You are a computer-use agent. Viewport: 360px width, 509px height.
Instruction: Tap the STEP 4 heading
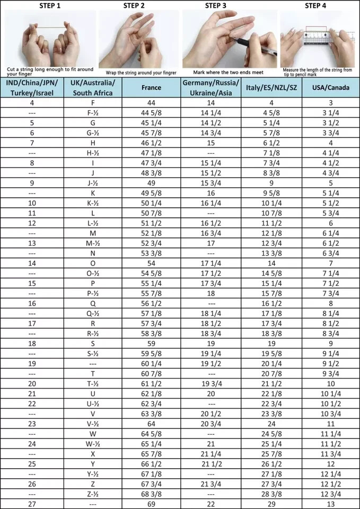point(316,6)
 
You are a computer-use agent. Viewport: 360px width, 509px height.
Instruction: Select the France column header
point(152,87)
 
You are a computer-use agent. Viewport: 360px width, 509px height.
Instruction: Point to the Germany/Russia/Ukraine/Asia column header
point(210,87)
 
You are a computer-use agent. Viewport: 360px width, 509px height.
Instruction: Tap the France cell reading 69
point(152,503)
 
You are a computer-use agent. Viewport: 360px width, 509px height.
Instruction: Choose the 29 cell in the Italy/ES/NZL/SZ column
point(271,503)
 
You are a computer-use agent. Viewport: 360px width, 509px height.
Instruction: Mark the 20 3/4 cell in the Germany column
point(210,424)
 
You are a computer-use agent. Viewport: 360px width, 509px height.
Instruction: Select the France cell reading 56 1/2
point(152,303)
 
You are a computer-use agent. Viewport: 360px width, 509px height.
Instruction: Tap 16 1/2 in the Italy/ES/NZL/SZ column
point(271,303)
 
